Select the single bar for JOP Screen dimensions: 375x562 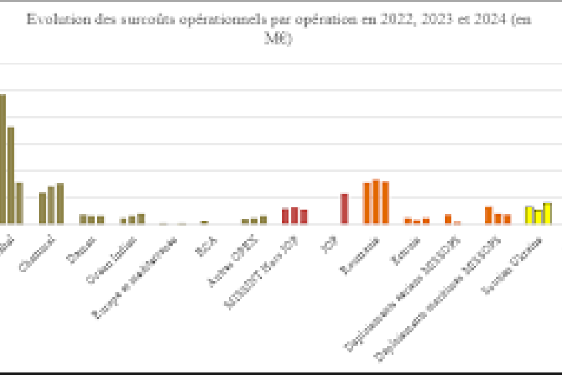pos(344,209)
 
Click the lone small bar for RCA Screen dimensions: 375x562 pos(204,222)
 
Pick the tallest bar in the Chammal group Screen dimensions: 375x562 pos(60,203)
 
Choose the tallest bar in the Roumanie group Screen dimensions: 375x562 pos(376,201)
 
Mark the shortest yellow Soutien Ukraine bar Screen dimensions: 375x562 pos(538,217)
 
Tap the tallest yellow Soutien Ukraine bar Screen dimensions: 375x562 pos(547,213)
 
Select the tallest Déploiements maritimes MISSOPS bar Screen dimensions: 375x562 pos(489,215)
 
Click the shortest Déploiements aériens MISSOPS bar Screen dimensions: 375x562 pos(457,222)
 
